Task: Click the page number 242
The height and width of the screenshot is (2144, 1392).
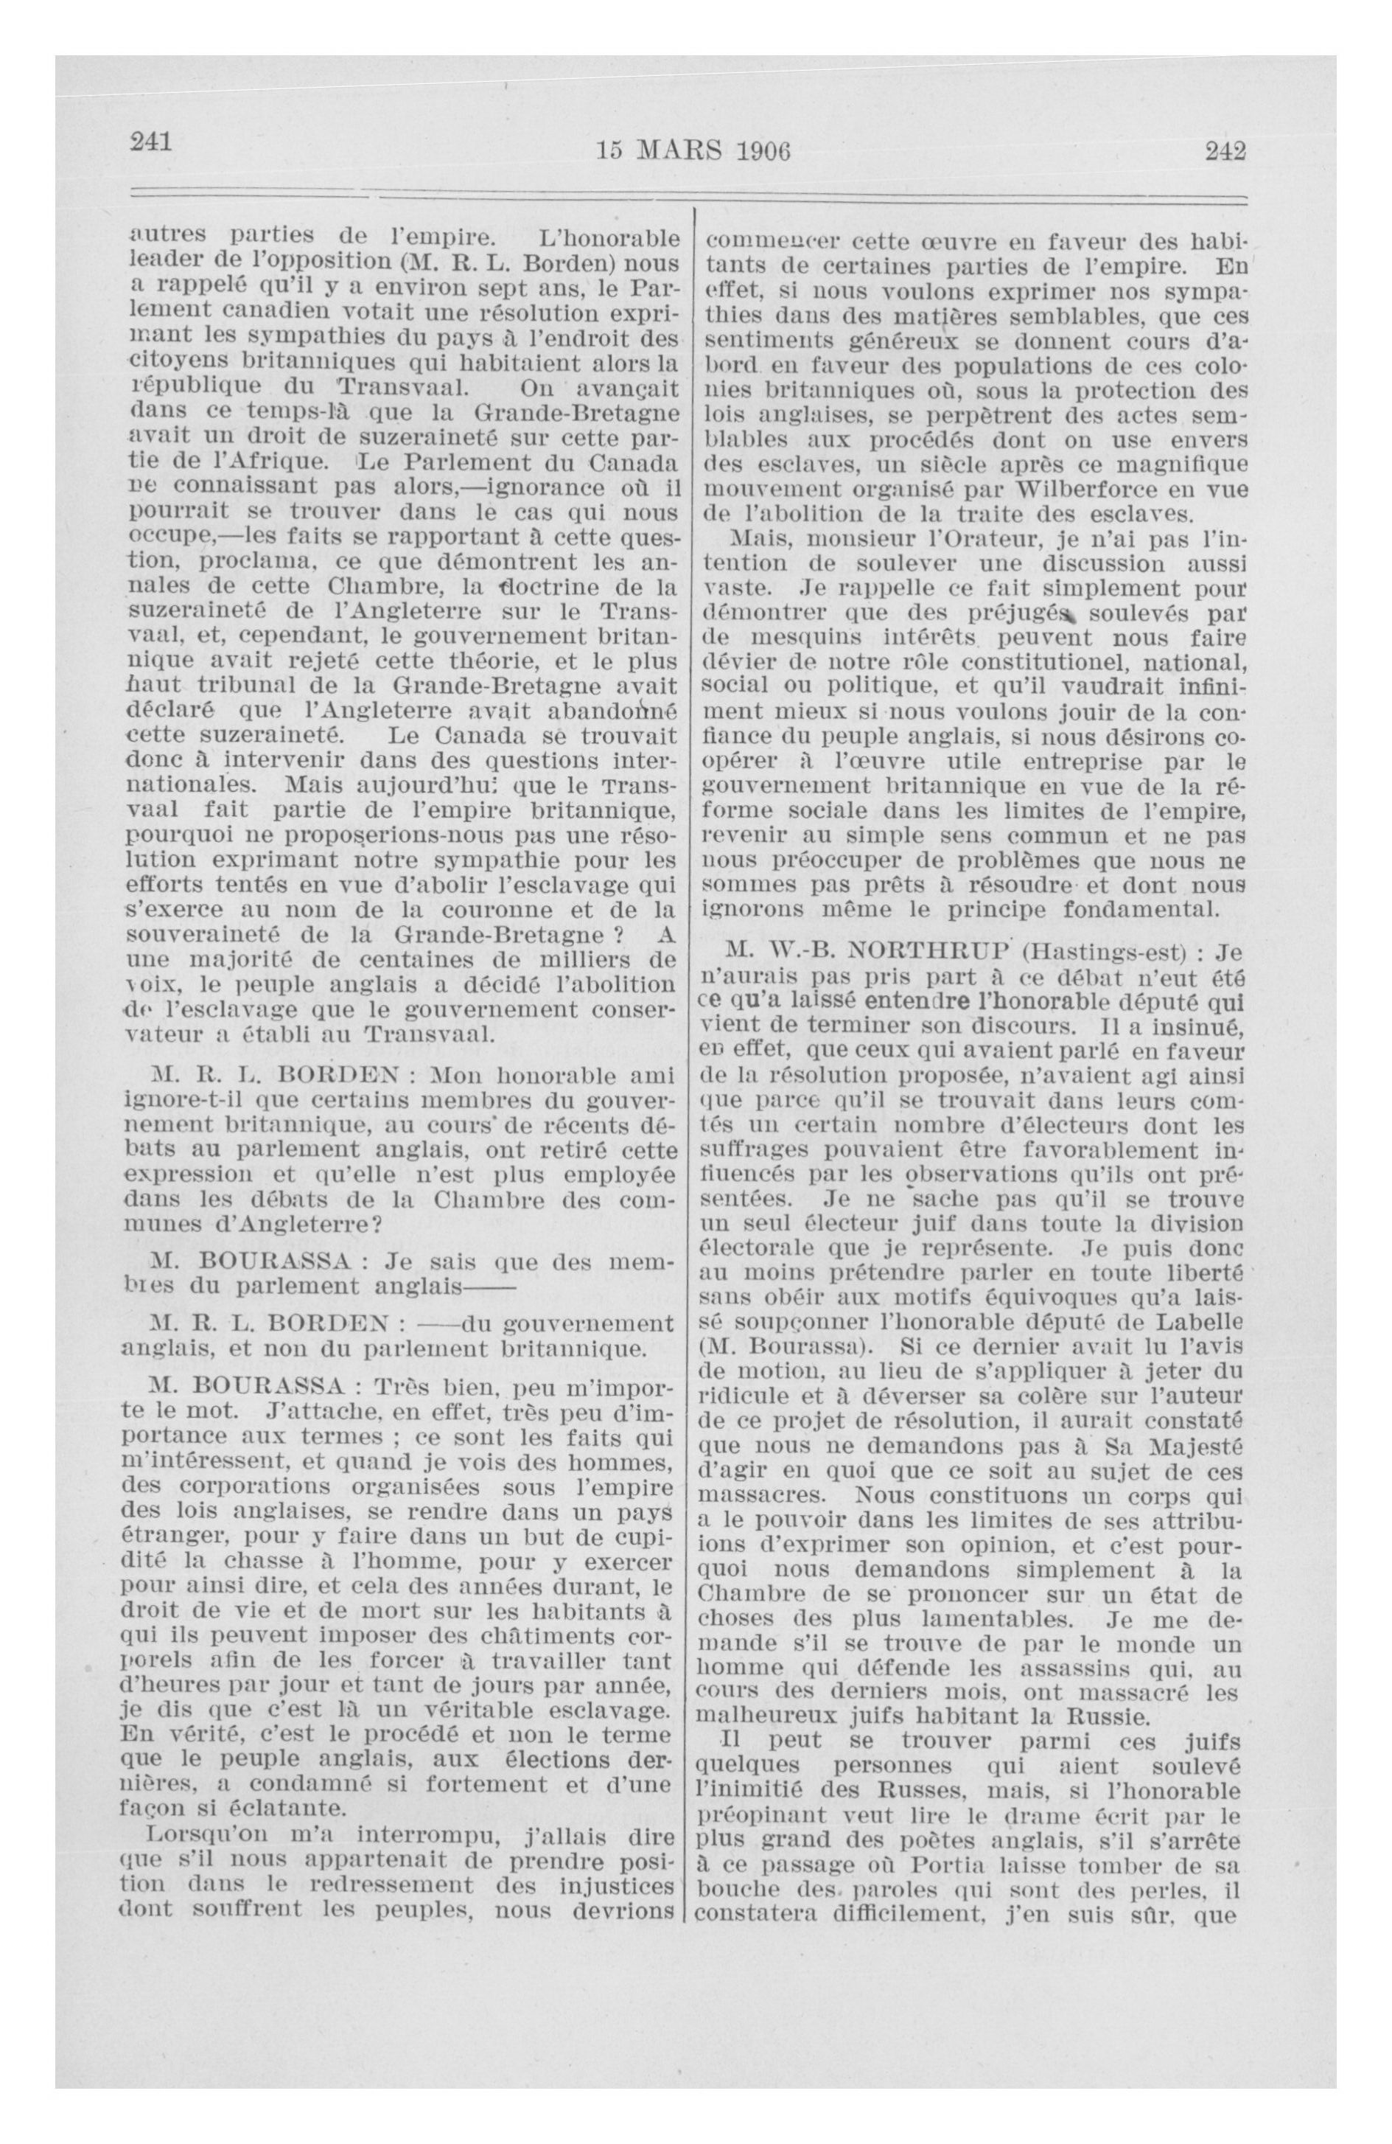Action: pos(1225,151)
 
